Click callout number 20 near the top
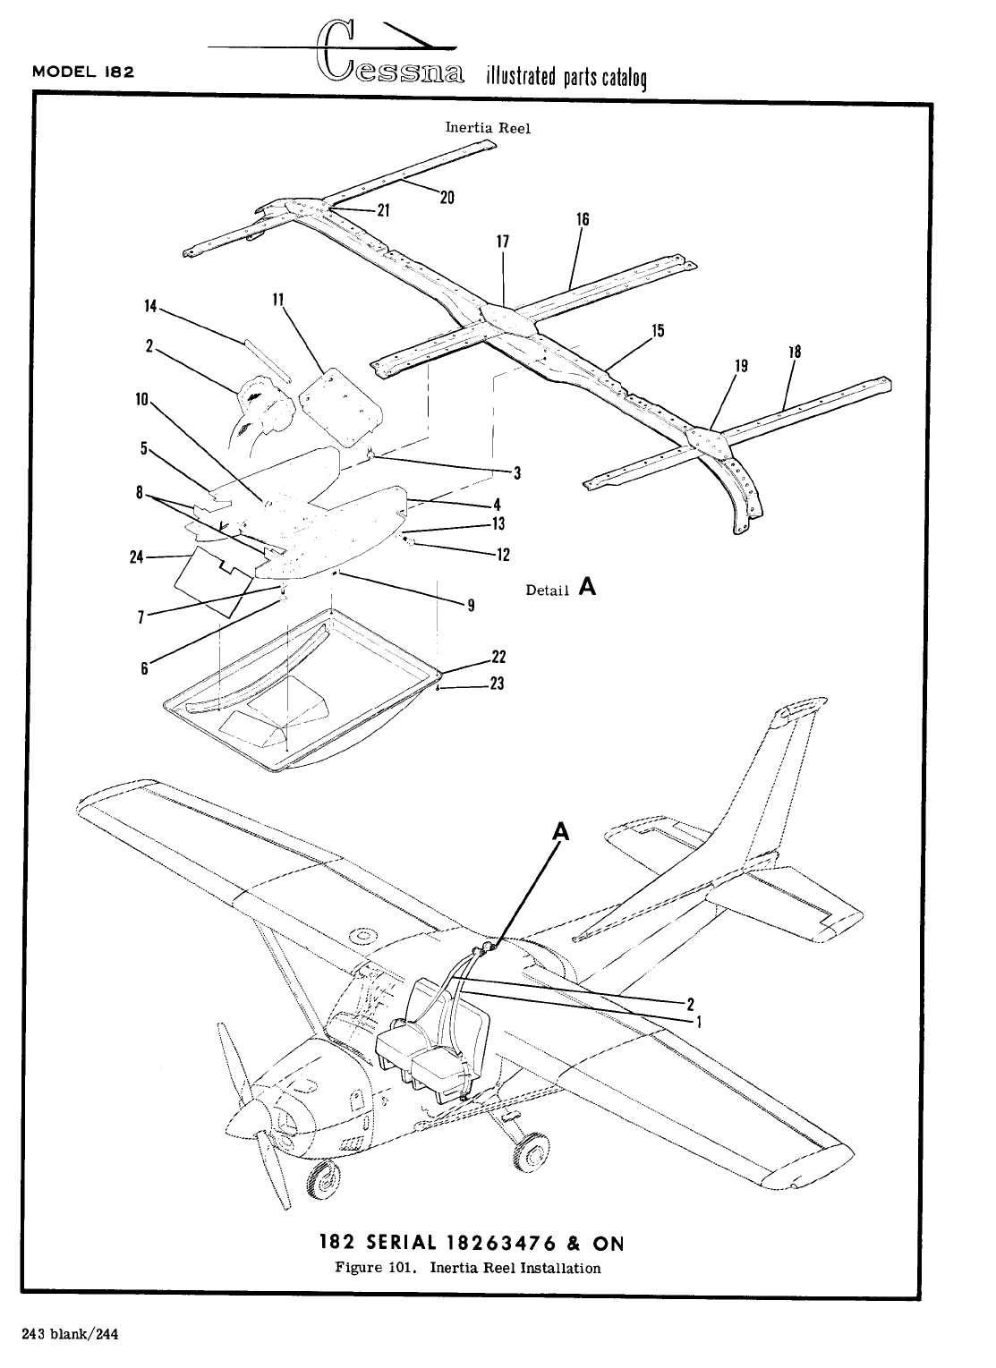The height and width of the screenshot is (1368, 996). coord(447,198)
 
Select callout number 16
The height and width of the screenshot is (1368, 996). coord(583,219)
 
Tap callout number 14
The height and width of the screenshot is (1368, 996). coord(150,307)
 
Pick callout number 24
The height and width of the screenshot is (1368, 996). coord(136,557)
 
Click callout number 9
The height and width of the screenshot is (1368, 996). coord(469,606)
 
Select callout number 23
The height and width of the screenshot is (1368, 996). coord(498,685)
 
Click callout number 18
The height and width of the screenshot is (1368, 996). coord(794,352)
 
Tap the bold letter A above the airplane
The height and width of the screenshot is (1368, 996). coord(560,832)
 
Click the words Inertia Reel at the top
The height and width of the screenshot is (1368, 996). coord(488,128)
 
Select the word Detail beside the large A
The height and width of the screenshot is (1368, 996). coord(547,591)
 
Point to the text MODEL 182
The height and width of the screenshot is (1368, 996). coord(83,72)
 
